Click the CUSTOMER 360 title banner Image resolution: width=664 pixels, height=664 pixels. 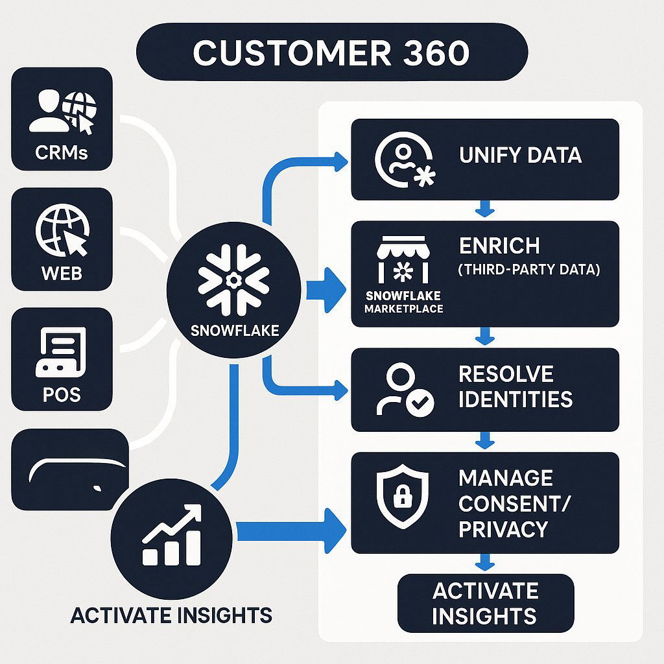pyautogui.click(x=331, y=53)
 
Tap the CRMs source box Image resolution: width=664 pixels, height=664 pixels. pyautogui.click(x=62, y=119)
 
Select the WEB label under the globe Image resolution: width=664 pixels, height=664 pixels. pyautogui.click(x=62, y=273)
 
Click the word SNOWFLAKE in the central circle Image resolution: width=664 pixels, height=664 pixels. pyautogui.click(x=235, y=330)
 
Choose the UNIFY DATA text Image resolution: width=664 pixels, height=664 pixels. pyautogui.click(x=520, y=156)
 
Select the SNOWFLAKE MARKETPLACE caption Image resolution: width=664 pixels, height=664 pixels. pyautogui.click(x=403, y=302)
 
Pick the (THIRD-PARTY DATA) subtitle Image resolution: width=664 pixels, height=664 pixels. pyautogui.click(x=528, y=270)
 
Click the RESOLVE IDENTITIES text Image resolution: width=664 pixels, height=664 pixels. pyautogui.click(x=515, y=386)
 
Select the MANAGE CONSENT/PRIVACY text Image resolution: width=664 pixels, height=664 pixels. pyautogui.click(x=506, y=504)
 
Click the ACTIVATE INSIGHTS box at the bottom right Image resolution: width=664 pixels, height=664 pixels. pyautogui.click(x=485, y=603)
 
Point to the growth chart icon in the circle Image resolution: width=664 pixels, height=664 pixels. pyautogui.click(x=171, y=536)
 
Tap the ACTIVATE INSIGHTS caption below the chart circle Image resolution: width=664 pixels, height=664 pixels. pyautogui.click(x=171, y=615)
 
